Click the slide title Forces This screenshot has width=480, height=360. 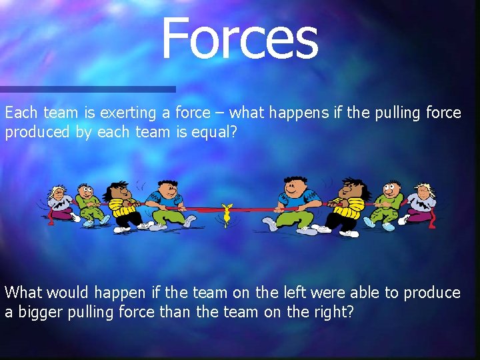(x=239, y=39)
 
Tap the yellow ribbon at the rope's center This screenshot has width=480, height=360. (x=227, y=213)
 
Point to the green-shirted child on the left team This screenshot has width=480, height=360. (x=87, y=203)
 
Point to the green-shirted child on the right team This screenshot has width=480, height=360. (x=389, y=203)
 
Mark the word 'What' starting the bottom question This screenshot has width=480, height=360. (x=23, y=293)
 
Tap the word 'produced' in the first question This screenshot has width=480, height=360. (x=37, y=132)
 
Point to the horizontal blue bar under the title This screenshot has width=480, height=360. (x=87, y=89)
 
